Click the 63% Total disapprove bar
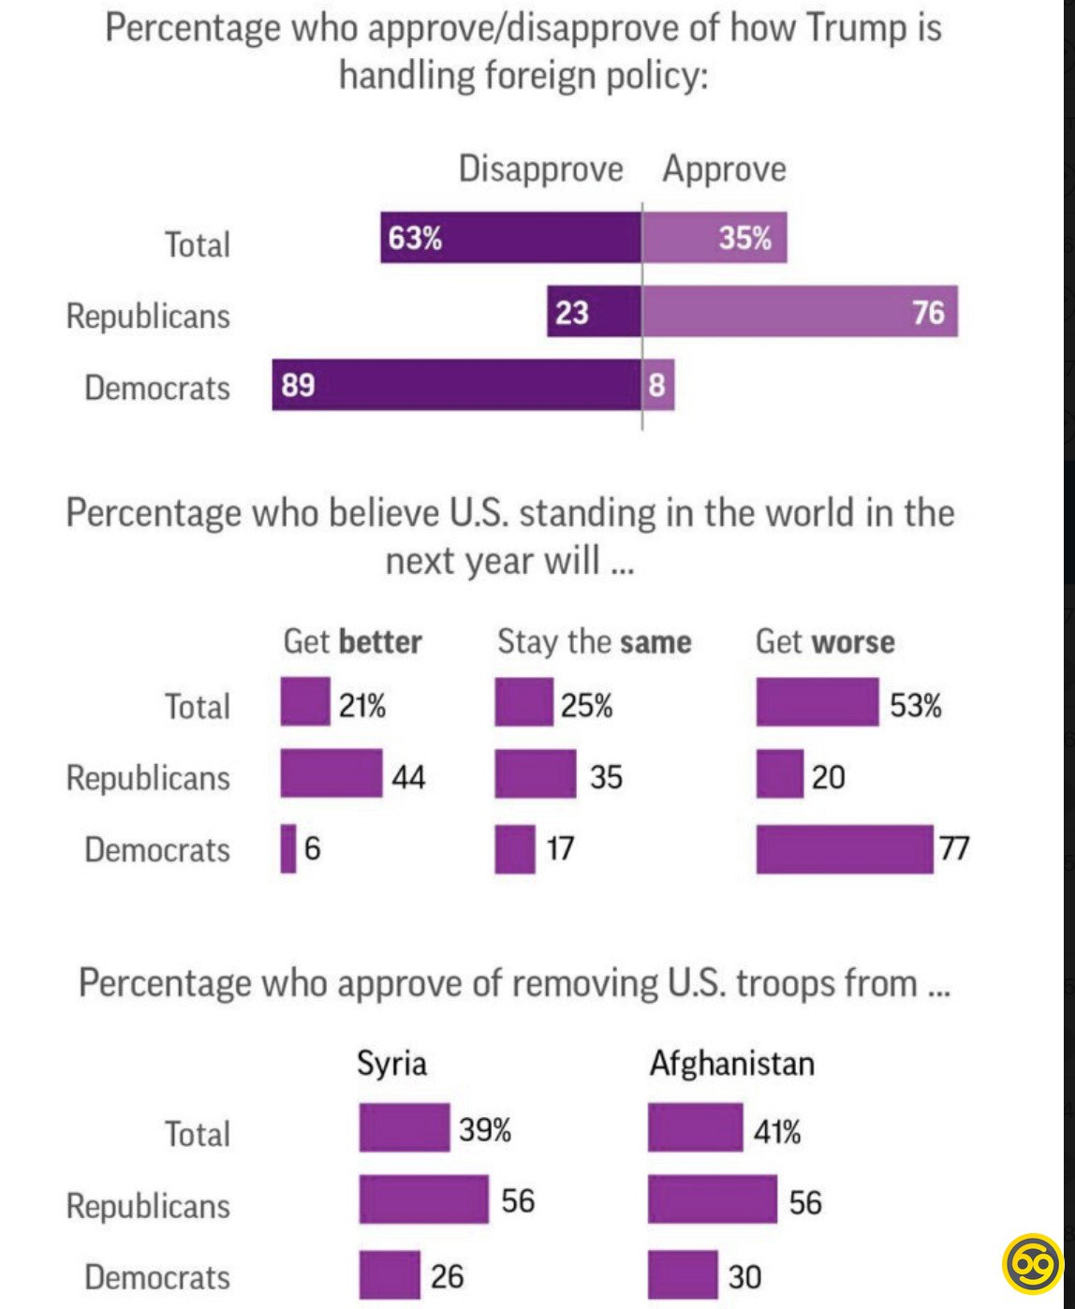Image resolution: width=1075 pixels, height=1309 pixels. click(510, 238)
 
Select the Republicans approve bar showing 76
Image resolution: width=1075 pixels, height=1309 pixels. click(799, 311)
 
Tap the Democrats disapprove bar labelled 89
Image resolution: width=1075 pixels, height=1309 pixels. click(456, 384)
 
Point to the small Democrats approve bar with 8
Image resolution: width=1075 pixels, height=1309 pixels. click(657, 384)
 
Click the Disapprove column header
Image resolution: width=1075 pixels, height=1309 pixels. click(540, 169)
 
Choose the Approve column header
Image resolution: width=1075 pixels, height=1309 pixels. click(724, 169)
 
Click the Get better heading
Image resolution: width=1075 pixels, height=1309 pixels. click(352, 641)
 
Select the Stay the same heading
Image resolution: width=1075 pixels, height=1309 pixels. click(594, 641)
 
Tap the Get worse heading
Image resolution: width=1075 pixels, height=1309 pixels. click(825, 641)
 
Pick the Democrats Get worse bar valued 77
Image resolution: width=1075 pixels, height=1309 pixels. click(845, 848)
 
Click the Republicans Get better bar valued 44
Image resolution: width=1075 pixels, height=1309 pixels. click(331, 773)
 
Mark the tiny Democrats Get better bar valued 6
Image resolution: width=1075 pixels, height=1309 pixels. click(288, 848)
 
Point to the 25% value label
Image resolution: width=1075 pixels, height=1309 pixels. click(587, 704)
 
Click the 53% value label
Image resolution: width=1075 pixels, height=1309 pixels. click(915, 704)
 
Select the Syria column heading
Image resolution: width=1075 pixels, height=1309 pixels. click(391, 1063)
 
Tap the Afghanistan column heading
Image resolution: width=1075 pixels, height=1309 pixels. click(731, 1063)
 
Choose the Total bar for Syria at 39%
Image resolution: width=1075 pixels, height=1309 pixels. click(405, 1127)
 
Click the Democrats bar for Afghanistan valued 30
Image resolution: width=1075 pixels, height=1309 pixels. click(683, 1274)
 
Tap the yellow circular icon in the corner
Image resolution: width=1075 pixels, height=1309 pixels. click(1032, 1263)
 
